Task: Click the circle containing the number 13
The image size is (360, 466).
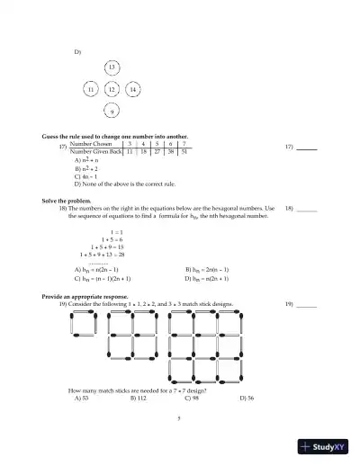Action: (x=111, y=68)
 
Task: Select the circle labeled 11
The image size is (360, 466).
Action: (x=90, y=90)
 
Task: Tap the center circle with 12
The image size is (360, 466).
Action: (x=111, y=90)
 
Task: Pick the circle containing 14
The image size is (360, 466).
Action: (x=132, y=90)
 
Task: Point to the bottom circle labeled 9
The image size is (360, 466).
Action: (x=111, y=112)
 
